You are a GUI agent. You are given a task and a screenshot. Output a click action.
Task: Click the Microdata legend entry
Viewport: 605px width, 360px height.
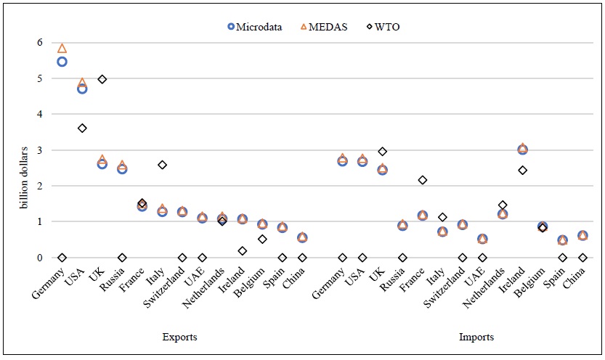click(x=255, y=27)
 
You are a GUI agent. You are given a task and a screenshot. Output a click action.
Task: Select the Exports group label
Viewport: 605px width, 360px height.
click(x=179, y=337)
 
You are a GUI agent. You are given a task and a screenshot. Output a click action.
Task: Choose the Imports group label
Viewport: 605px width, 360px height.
click(x=476, y=337)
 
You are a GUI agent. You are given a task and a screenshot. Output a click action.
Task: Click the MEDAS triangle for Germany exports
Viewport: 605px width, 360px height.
click(x=62, y=49)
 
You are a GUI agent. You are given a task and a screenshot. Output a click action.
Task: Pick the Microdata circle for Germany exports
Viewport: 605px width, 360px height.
click(x=62, y=62)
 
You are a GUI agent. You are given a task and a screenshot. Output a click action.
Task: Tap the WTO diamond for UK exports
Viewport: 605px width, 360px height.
click(x=102, y=79)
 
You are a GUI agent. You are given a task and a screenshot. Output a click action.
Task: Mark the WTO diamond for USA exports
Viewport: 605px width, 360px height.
click(x=82, y=128)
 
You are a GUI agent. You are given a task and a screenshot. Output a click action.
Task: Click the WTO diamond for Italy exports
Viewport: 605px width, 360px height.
click(x=163, y=165)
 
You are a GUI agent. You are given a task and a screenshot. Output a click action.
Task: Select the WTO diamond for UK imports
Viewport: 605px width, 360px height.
click(x=383, y=151)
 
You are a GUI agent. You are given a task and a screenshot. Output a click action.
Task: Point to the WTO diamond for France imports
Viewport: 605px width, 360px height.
click(x=423, y=180)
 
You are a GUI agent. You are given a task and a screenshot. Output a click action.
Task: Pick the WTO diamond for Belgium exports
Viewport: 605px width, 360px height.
click(x=262, y=239)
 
